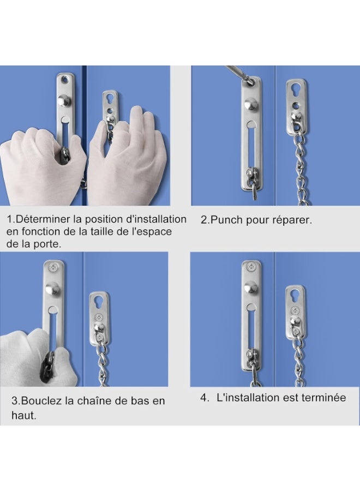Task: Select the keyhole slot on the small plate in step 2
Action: (x=296, y=90)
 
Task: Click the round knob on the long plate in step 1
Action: (x=64, y=100)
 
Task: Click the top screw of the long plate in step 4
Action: (x=251, y=267)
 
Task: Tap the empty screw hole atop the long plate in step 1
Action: (x=65, y=80)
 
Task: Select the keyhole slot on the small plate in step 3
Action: (x=99, y=303)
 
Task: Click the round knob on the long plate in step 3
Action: (x=52, y=289)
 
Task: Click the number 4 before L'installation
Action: (x=204, y=398)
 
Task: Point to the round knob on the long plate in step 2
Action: (x=251, y=103)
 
